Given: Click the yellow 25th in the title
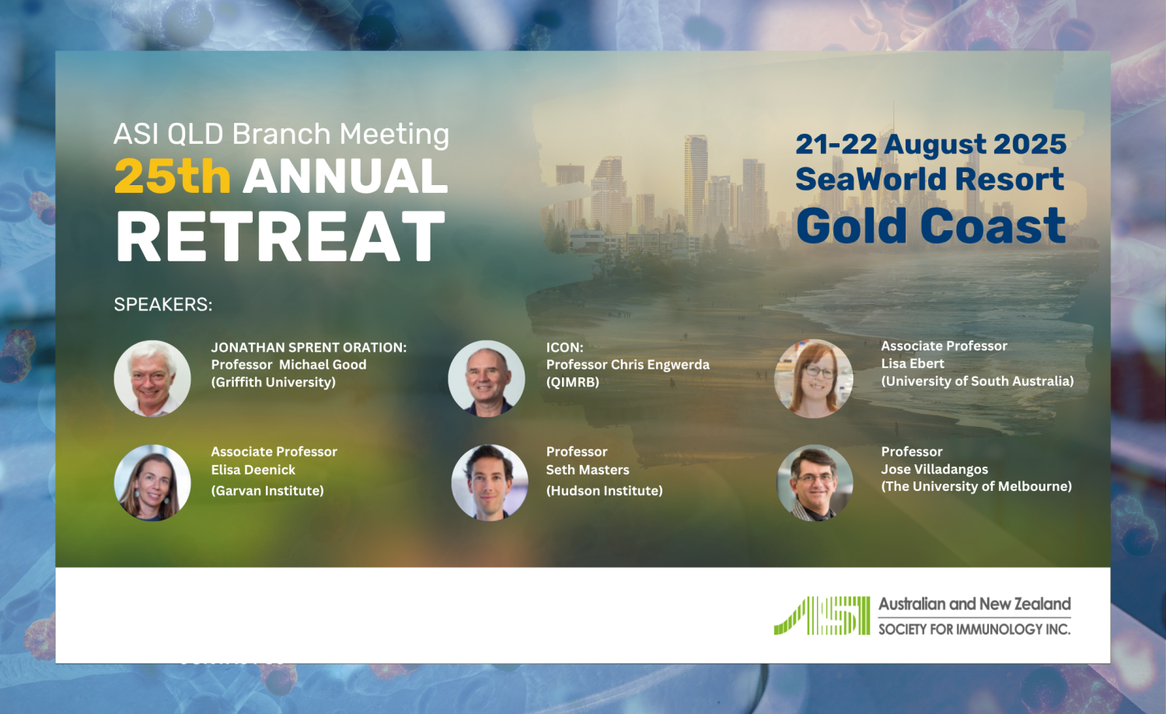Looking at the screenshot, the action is pos(173,176).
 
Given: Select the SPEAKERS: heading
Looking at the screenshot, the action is pos(163,304).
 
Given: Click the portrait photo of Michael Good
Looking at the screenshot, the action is pos(152,379).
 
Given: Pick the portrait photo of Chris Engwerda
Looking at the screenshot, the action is pos(487,379).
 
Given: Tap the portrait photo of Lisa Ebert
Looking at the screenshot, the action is pos(814,379).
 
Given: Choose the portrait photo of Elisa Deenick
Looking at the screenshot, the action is pos(152,483).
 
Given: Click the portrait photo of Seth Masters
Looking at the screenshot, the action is pos(489,483).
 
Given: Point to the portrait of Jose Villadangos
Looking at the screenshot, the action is pos(815,483).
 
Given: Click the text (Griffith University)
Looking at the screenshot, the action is pos(274,382).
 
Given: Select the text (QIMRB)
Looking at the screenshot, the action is pos(573,382).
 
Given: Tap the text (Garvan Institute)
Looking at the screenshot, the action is pos(267,491).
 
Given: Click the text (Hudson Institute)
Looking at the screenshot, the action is pos(604,491).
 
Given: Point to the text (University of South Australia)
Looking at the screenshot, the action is pos(978,381).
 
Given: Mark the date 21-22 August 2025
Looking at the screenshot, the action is pos(931,144).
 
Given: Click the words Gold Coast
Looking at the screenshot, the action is pos(931,226).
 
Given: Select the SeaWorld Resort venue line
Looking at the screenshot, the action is pos(930,179).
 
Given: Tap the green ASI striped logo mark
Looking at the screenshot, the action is pos(822,615).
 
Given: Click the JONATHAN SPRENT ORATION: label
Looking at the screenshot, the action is pos(309,348).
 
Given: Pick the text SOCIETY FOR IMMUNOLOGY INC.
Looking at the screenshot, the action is pos(975,629).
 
